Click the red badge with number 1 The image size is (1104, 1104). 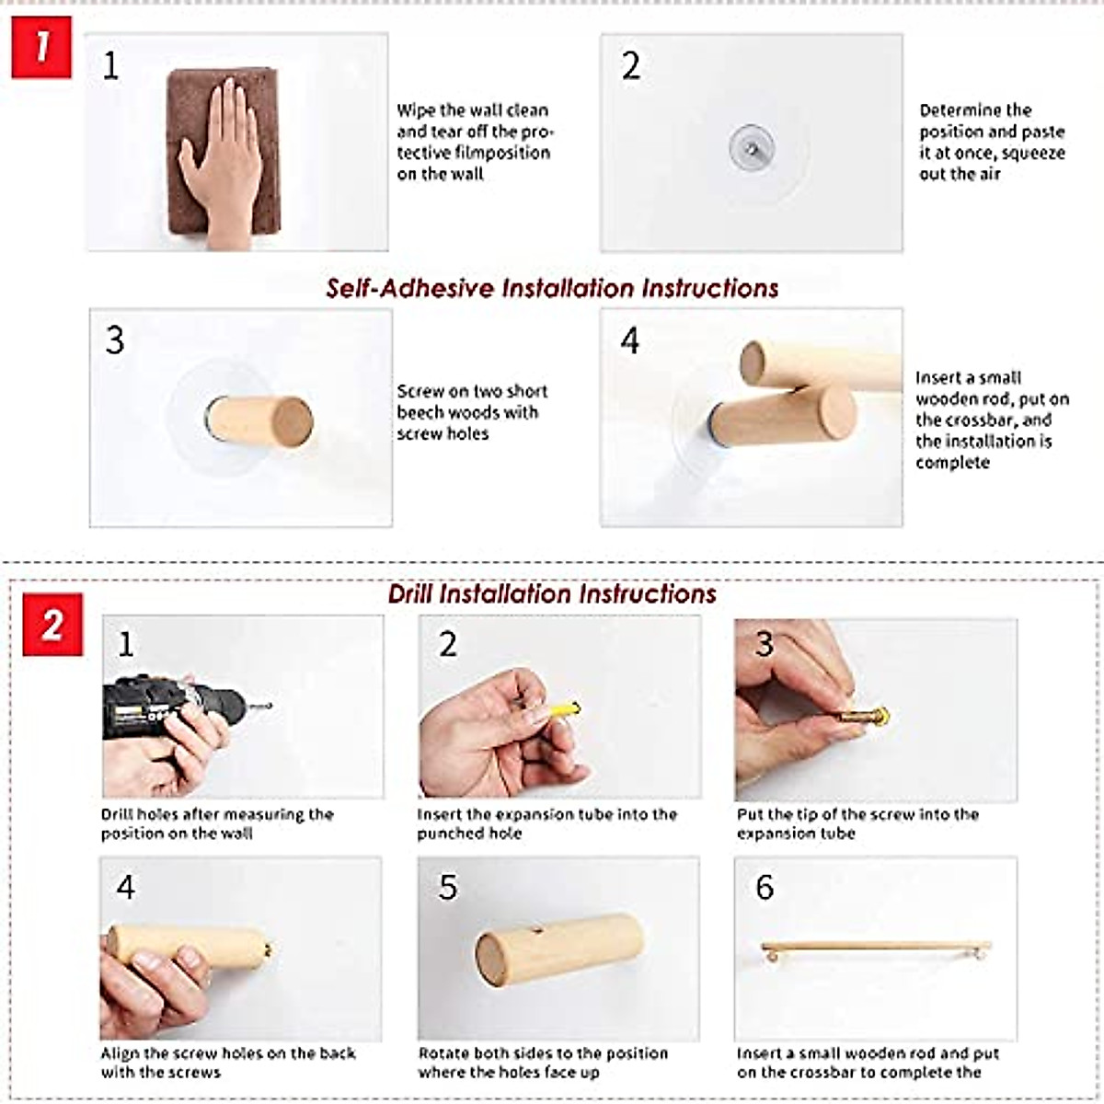point(41,48)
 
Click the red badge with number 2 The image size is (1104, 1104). point(52,624)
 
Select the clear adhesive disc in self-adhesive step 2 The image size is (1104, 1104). point(751,144)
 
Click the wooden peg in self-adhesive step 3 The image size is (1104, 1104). point(259,420)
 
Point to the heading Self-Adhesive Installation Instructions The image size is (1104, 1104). point(552,288)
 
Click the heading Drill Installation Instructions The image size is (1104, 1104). point(552,593)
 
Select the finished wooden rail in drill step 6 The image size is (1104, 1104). point(875,946)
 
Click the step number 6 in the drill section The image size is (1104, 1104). point(765,887)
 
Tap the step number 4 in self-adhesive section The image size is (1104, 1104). point(629,340)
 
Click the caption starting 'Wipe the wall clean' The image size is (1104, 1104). point(473,142)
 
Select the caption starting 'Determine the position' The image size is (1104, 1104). point(992,142)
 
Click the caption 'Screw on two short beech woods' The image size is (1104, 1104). point(472,412)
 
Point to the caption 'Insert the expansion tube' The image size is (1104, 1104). point(546,823)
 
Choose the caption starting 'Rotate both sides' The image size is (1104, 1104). point(543,1063)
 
